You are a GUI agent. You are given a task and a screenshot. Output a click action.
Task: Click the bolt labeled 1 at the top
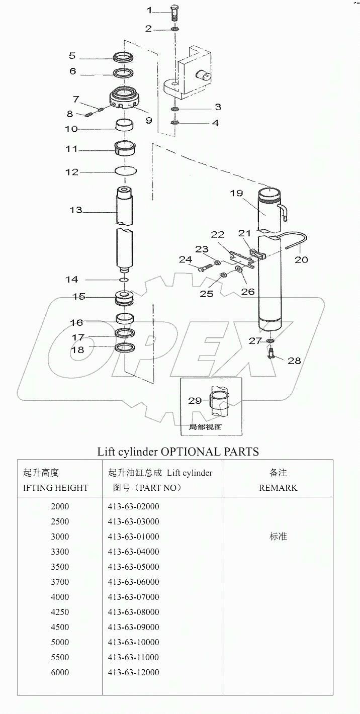click(x=174, y=13)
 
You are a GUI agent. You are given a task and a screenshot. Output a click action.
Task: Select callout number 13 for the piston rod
click(x=76, y=210)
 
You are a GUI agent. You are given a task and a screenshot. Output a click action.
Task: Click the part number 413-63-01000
click(x=133, y=537)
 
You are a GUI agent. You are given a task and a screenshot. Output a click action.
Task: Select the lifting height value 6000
click(x=60, y=672)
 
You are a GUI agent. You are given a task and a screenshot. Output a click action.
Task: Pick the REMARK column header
click(x=278, y=488)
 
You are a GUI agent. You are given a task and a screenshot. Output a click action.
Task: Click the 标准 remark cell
click(x=278, y=537)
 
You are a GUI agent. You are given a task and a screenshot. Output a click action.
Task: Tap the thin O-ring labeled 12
click(x=126, y=170)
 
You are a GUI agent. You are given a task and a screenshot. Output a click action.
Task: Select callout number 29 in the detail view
click(x=195, y=401)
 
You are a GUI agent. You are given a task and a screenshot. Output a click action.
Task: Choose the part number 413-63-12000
click(x=133, y=672)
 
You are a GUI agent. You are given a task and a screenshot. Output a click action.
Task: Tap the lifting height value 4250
click(x=60, y=612)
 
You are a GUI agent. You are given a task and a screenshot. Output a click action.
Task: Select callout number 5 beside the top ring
click(x=72, y=56)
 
